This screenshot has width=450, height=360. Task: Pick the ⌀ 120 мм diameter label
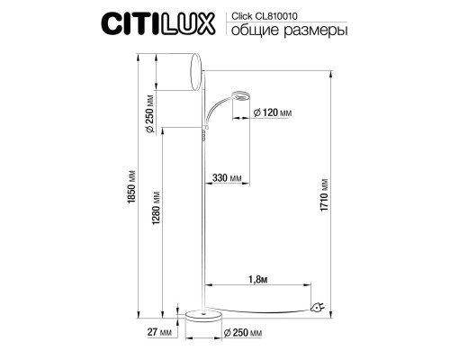pos(274,113)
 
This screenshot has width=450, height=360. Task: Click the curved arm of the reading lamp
pos(219,109)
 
